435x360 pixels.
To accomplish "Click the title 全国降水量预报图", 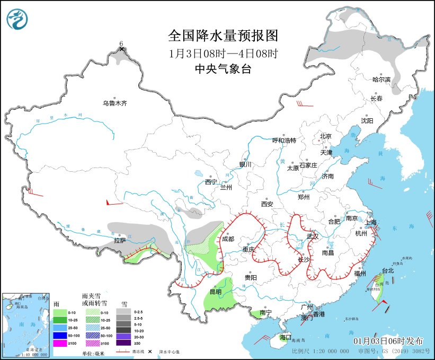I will pyautogui.click(x=223, y=36).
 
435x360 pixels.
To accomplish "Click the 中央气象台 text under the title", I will pyautogui.click(x=222, y=68).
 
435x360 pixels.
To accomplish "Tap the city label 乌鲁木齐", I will pyautogui.click(x=115, y=103).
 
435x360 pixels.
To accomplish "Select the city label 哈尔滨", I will pyautogui.click(x=381, y=80).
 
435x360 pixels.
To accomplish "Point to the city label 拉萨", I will pyautogui.click(x=120, y=240).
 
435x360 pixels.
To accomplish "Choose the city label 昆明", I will pyautogui.click(x=216, y=292).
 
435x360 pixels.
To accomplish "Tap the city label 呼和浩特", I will pyautogui.click(x=284, y=141).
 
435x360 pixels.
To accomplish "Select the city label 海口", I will pyautogui.click(x=286, y=337).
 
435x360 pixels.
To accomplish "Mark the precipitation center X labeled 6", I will pyautogui.click(x=122, y=49).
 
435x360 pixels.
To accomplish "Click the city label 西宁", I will pyautogui.click(x=211, y=182).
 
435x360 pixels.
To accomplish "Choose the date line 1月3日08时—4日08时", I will pyautogui.click(x=223, y=54).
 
